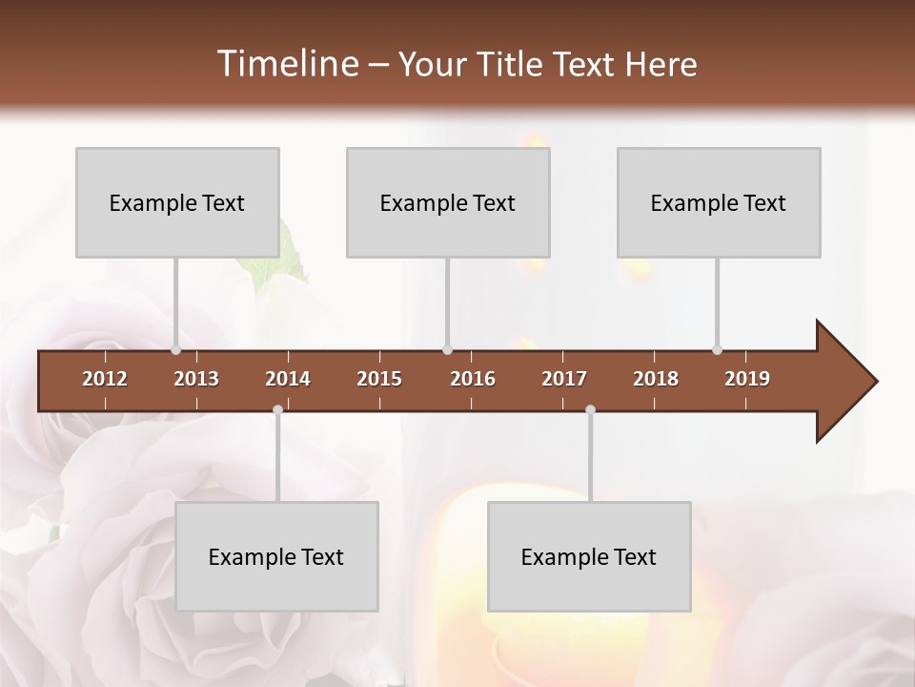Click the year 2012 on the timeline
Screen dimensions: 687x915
pos(105,379)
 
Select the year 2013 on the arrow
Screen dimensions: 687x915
pos(196,379)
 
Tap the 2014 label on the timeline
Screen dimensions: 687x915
pos(288,379)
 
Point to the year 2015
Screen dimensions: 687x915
pos(379,379)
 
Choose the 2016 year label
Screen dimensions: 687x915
pos(473,379)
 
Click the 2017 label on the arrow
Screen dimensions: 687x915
pos(564,379)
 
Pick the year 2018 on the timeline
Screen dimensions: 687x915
pos(656,379)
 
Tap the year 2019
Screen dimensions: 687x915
pos(747,379)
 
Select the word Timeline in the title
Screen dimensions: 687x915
pos(287,64)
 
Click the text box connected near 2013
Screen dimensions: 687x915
pos(177,202)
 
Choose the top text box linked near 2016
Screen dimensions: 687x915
pos(448,202)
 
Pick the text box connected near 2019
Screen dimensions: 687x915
pos(719,202)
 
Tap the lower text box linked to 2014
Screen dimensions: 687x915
pos(276,556)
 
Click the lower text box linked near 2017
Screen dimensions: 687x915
pos(589,556)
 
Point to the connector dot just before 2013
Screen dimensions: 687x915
pos(175,350)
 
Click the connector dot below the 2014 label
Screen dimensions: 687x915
pos(277,410)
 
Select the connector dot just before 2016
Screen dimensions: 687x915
pos(447,350)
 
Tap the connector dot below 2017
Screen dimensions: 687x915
pos(590,410)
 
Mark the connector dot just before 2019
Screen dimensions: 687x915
pos(717,350)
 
